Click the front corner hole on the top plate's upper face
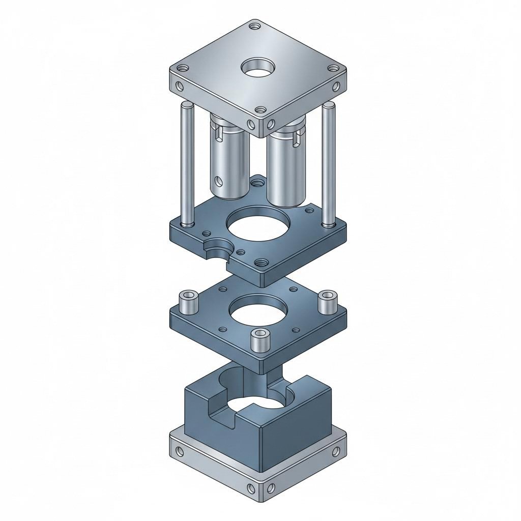(260, 109)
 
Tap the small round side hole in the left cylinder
(218, 181)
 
